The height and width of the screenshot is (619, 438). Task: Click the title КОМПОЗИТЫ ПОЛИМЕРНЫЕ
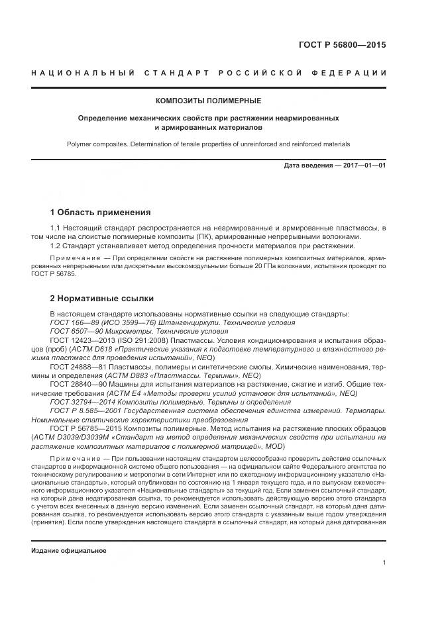(x=208, y=101)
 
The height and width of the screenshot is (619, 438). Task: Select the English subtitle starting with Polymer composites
(x=208, y=144)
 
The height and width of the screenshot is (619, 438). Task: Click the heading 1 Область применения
(x=100, y=213)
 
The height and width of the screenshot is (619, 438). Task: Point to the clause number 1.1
(x=56, y=228)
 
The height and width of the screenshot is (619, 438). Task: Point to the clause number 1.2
(x=56, y=246)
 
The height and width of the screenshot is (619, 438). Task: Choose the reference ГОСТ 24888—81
(x=75, y=366)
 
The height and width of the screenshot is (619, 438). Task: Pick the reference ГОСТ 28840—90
(x=75, y=384)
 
